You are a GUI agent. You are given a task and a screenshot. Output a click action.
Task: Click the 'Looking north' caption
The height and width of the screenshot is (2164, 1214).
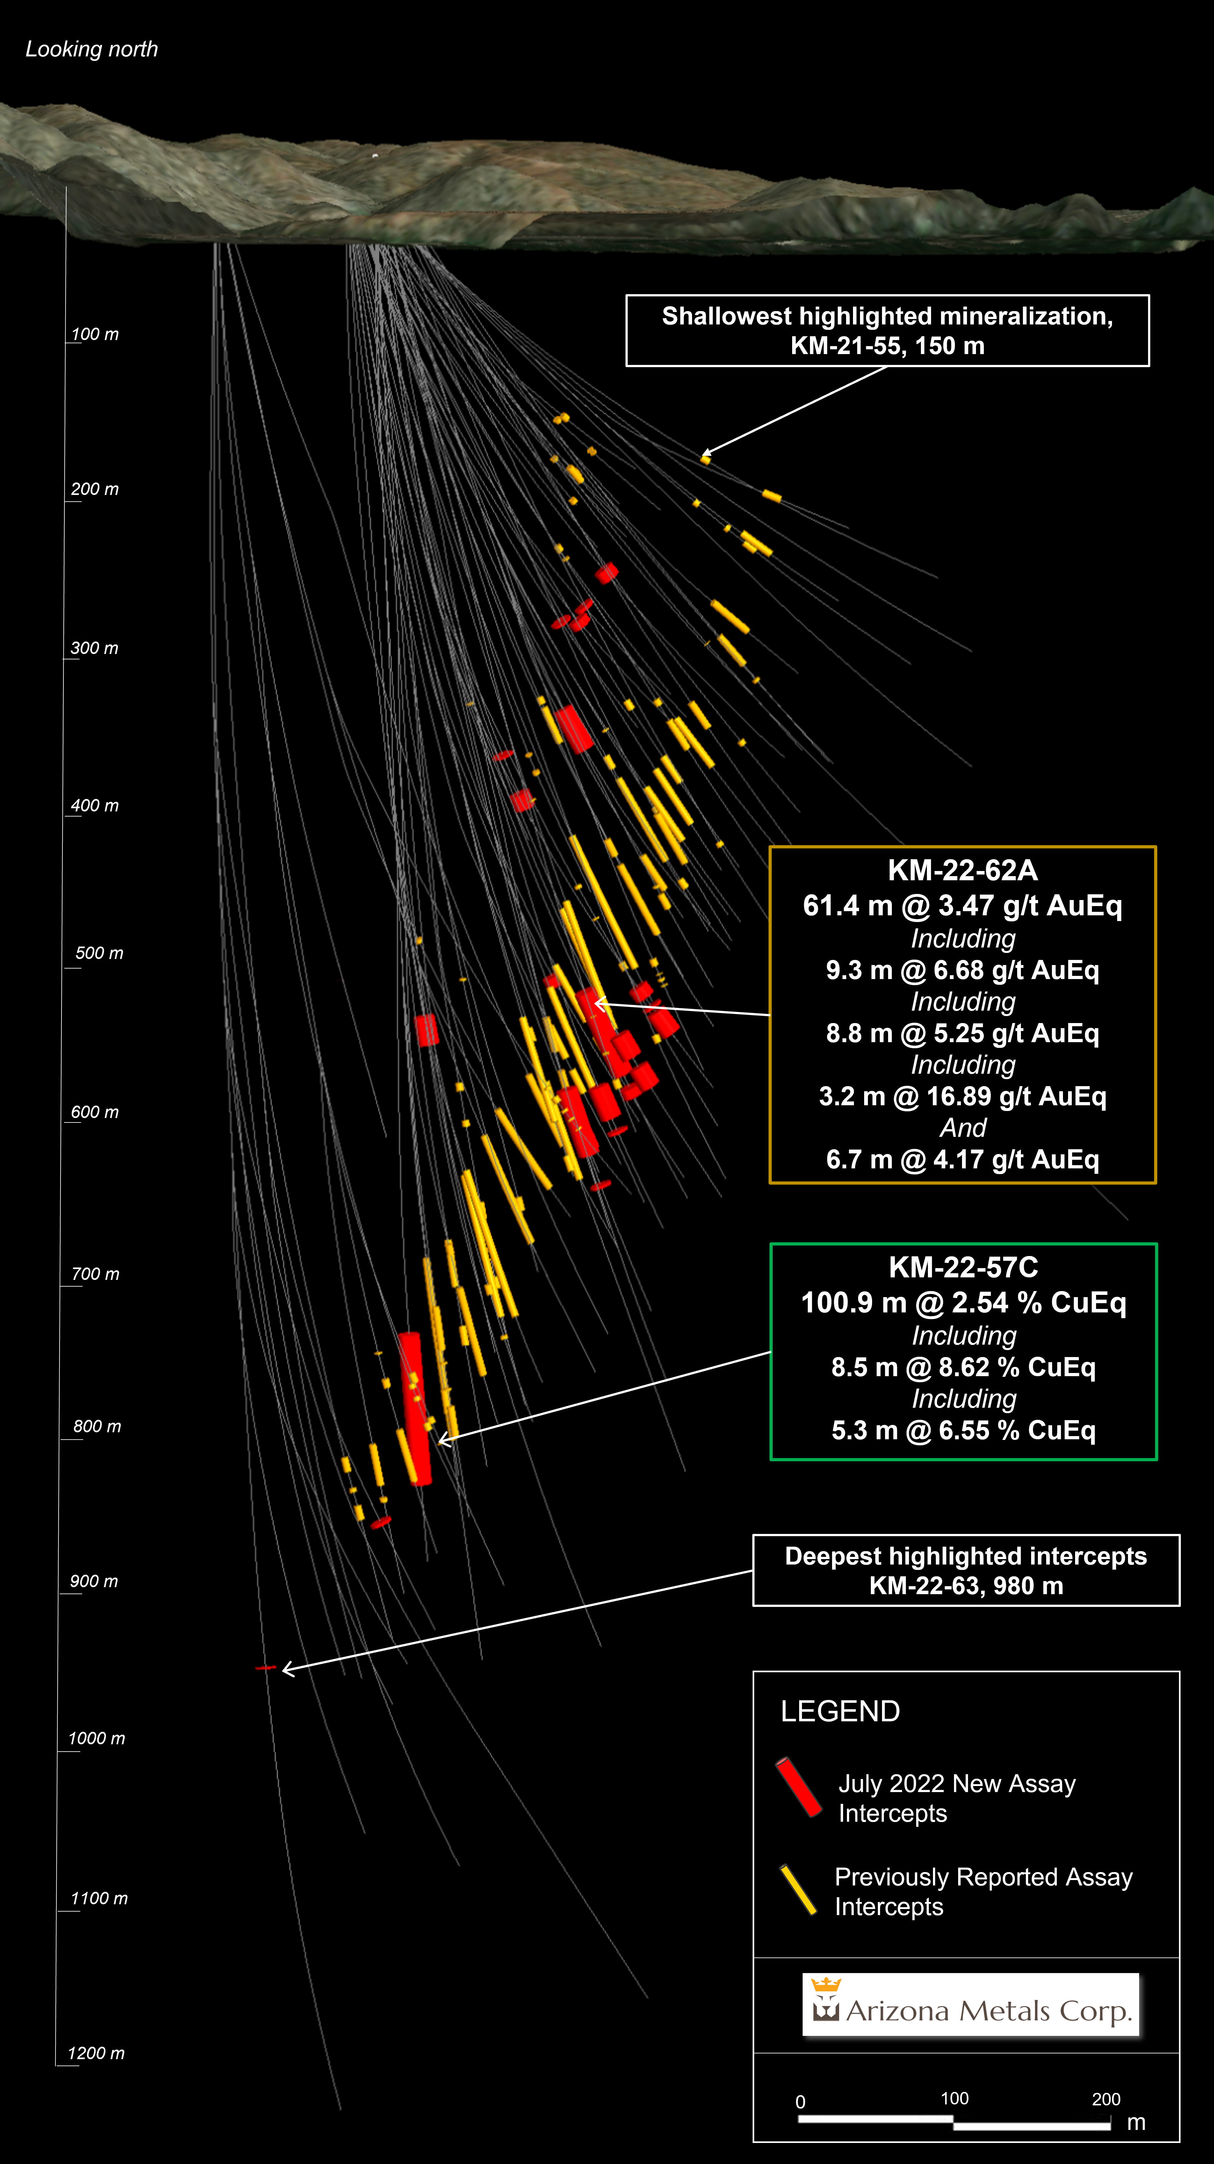pos(91,50)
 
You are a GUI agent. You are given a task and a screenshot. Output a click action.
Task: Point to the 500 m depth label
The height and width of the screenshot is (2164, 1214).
pos(99,954)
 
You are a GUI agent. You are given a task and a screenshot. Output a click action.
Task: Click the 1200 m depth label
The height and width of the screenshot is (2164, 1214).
pos(96,2053)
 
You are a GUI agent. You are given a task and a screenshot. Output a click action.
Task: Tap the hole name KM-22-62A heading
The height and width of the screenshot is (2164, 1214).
pos(963,870)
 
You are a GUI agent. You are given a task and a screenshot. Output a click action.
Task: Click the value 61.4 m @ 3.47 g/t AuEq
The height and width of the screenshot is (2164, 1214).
pos(963,905)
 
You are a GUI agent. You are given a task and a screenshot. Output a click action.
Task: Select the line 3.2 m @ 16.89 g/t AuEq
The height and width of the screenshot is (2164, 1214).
pos(963,1096)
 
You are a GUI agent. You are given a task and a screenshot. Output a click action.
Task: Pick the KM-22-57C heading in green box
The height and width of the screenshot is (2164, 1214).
pos(964,1267)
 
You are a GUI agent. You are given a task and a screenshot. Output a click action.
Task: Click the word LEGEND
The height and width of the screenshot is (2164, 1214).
pos(840,1711)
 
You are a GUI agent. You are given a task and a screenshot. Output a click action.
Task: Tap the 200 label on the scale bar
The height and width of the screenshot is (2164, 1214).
pos(1106,2098)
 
